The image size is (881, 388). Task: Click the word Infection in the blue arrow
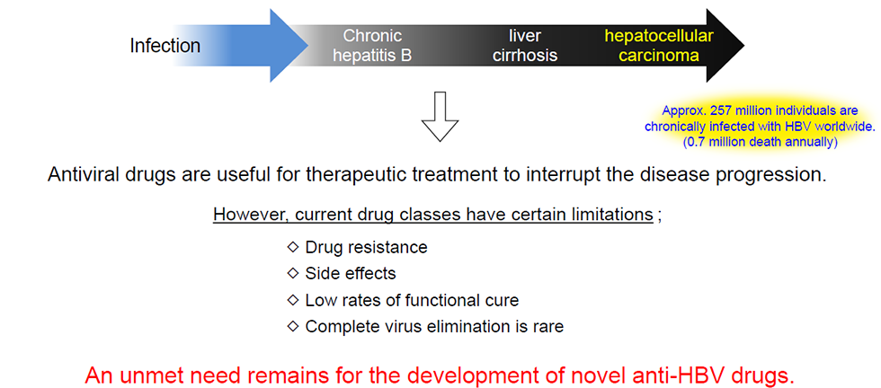165,46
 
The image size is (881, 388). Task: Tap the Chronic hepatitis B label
373,46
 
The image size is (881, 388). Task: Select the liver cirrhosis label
522,46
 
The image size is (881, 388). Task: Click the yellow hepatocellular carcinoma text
658,46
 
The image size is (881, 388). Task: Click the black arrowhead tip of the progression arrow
743,46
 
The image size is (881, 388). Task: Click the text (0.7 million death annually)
761,143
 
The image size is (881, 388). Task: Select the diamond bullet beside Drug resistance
291,246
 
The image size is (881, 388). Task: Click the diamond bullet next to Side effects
291,273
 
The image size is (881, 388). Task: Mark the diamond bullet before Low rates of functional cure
291,300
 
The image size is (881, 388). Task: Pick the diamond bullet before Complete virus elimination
291,326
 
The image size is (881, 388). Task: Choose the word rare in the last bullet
547,327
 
